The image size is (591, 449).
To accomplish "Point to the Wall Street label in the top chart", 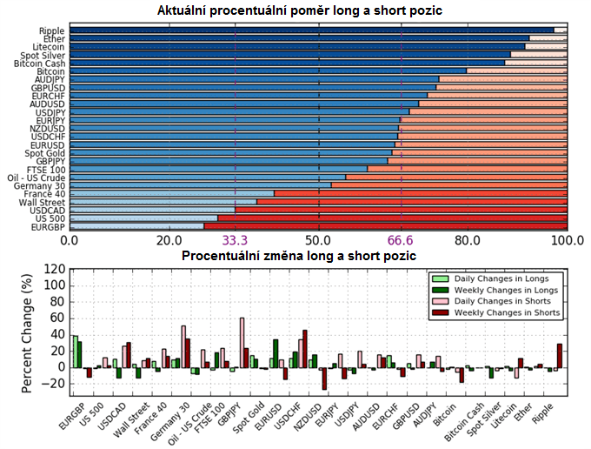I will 43,201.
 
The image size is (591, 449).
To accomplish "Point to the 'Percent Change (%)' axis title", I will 30,332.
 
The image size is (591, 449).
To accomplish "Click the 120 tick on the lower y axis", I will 56,270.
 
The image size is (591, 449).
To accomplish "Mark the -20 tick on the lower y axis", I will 56,383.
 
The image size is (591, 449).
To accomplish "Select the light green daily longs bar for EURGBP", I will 75,352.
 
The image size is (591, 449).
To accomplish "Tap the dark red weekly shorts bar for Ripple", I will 560,355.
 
